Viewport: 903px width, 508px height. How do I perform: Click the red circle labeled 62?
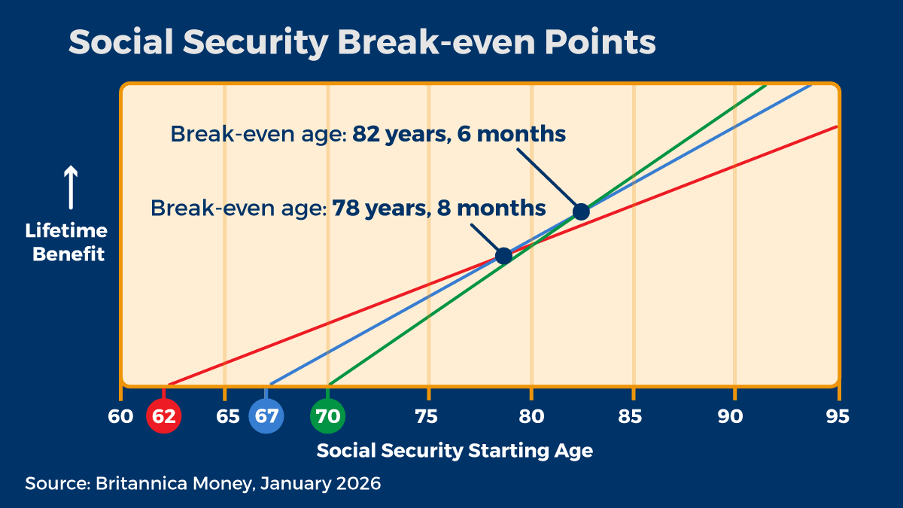point(164,416)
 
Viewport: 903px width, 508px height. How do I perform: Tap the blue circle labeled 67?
point(266,416)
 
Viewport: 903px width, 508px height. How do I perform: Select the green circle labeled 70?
point(328,416)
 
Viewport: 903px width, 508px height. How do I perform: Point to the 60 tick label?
point(120,416)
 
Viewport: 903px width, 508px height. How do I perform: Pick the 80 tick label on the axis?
point(531,416)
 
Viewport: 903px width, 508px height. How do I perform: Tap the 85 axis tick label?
point(633,416)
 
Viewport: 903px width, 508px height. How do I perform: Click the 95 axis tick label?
point(837,416)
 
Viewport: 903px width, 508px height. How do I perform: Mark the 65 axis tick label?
point(227,416)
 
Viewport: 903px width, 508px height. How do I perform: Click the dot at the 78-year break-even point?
point(503,256)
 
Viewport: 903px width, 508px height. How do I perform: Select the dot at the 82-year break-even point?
point(581,211)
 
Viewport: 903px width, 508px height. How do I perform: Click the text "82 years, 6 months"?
point(458,135)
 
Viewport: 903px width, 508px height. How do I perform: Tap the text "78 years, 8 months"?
point(439,208)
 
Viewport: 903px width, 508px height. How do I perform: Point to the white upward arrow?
point(70,188)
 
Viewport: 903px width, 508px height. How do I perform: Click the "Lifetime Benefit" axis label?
point(66,242)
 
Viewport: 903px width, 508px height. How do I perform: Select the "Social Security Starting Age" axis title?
point(455,451)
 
